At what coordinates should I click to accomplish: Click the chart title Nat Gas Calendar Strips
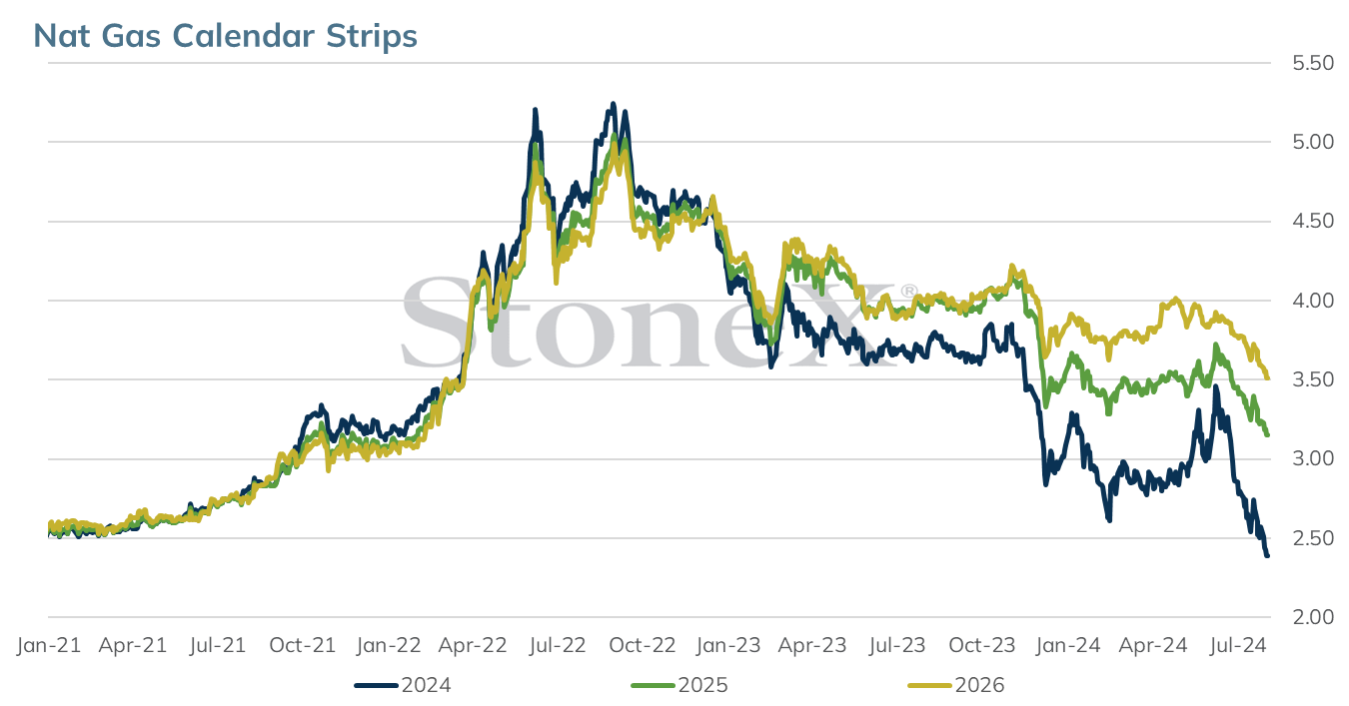click(225, 36)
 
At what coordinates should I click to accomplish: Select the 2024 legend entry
click(403, 685)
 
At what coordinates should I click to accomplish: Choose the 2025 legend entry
click(679, 685)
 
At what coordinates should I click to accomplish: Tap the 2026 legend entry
click(956, 685)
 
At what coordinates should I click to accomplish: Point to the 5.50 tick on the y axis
click(1313, 63)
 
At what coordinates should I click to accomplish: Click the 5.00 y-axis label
click(1313, 142)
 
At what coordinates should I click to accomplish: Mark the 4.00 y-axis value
click(1313, 301)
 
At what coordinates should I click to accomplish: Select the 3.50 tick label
click(1313, 379)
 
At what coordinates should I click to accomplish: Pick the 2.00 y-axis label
click(1313, 617)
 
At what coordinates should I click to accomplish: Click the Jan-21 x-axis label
click(49, 645)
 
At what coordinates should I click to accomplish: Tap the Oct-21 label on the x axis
click(303, 645)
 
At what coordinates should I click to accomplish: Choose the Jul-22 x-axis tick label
click(558, 645)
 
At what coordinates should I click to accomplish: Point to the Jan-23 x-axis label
click(728, 645)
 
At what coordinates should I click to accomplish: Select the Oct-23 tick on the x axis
click(982, 645)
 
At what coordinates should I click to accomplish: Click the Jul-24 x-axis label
click(1238, 645)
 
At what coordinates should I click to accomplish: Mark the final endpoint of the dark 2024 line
click(1268, 555)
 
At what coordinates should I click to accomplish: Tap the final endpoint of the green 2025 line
click(1268, 434)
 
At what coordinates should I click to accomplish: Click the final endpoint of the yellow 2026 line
click(1268, 377)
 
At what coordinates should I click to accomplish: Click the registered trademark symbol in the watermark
click(908, 292)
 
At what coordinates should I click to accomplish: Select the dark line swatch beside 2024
click(376, 686)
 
